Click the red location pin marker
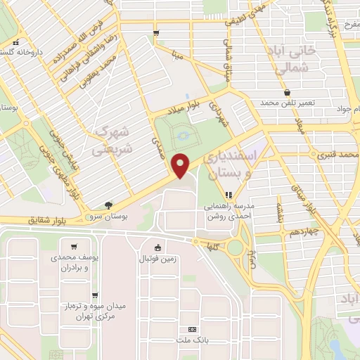click(181, 165)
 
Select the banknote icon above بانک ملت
click(191, 330)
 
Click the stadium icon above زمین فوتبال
click(157, 247)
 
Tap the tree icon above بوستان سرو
click(108, 205)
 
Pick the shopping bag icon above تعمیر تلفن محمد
click(286, 92)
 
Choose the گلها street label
click(210, 247)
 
